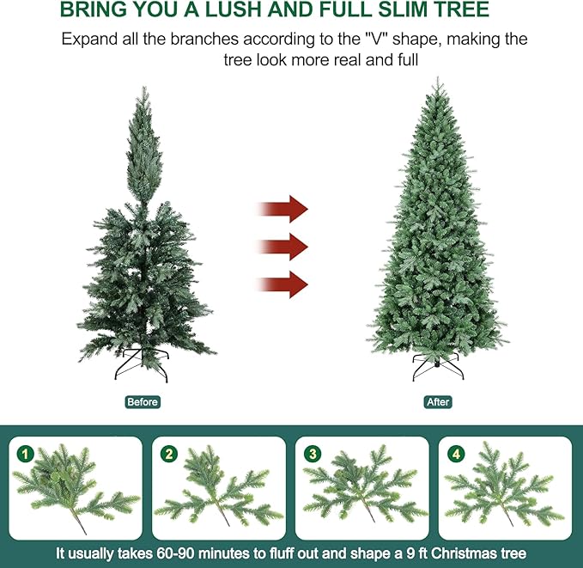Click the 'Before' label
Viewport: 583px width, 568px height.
pyautogui.click(x=142, y=402)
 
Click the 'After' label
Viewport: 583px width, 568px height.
pyautogui.click(x=438, y=402)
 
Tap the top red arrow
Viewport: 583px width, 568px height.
pyautogui.click(x=282, y=209)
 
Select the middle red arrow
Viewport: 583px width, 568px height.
pyautogui.click(x=282, y=246)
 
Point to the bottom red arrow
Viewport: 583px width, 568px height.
pyautogui.click(x=282, y=283)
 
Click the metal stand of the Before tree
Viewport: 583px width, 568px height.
pyautogui.click(x=143, y=365)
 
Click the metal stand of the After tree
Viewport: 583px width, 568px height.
pyautogui.click(x=437, y=367)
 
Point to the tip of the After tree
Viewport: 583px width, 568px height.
pyautogui.click(x=437, y=80)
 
